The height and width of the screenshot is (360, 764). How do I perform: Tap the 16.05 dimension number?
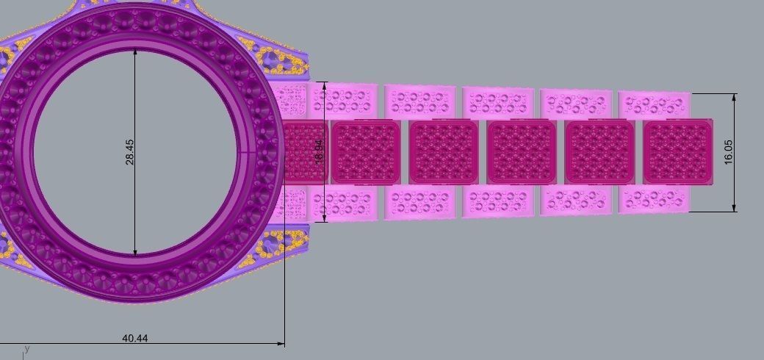(x=728, y=152)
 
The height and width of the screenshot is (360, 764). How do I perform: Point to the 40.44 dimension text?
(x=134, y=338)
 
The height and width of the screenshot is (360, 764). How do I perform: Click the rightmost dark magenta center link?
(x=677, y=152)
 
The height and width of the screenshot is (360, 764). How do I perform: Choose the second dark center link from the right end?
(x=599, y=152)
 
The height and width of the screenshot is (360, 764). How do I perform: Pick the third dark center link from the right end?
(x=522, y=152)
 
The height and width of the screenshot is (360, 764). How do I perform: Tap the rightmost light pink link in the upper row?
(x=654, y=104)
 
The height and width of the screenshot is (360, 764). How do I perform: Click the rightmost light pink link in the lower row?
(x=654, y=198)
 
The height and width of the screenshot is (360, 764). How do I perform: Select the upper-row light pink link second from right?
(x=576, y=103)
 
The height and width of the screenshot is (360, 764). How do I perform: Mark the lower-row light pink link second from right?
(x=576, y=201)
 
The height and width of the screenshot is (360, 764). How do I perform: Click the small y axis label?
(x=27, y=348)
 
